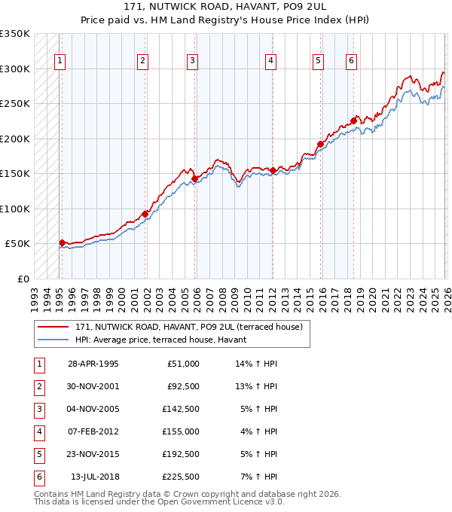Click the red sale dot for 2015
[320, 144]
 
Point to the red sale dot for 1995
[63, 242]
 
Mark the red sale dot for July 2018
[353, 120]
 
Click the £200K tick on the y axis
[15, 139]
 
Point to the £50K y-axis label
[17, 244]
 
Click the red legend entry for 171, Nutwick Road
[188, 327]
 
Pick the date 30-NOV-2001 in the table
[93, 387]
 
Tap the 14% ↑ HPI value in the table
[256, 364]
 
